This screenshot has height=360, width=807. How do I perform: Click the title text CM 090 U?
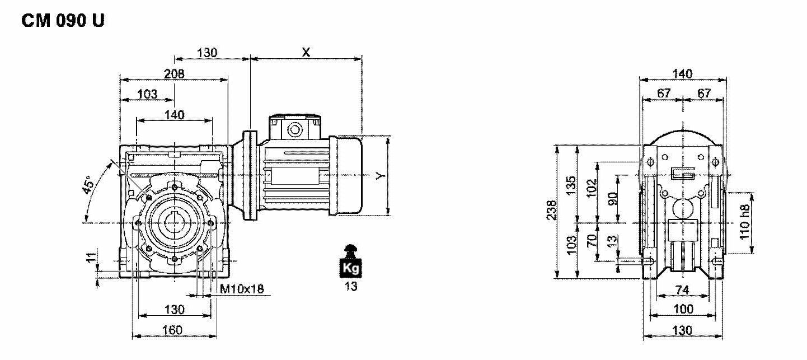tap(63, 21)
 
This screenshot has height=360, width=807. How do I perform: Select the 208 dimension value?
tap(174, 73)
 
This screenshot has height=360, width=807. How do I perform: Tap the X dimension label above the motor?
tap(306, 52)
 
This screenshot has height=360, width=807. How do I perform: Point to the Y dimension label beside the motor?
tap(381, 175)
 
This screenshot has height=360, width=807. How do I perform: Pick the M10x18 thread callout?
tap(242, 289)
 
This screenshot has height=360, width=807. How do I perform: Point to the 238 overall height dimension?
tap(551, 211)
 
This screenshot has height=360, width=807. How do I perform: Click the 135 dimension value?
tap(571, 184)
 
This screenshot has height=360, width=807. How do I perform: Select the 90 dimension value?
tap(613, 198)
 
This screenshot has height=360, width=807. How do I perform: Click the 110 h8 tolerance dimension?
tap(744, 221)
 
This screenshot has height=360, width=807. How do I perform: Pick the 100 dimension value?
tap(683, 308)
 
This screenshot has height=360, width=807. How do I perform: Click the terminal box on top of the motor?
tap(294, 128)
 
